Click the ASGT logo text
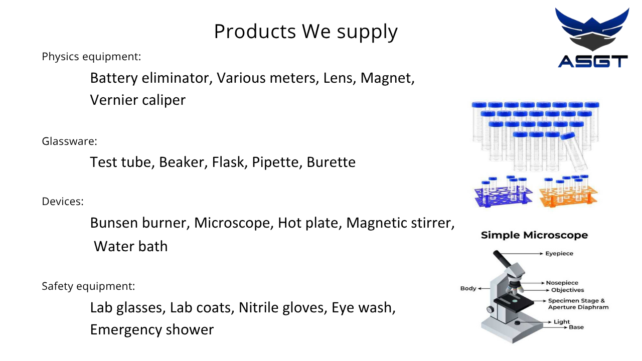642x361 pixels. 593,61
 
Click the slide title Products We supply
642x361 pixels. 306,32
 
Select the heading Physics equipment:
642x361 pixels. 91,57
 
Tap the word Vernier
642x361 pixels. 114,100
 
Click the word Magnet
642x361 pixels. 386,78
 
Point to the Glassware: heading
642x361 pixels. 70,141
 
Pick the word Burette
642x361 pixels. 331,162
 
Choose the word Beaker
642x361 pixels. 182,162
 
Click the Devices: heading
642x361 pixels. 63,202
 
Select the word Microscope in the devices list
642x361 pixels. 232,223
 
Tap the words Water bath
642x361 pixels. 131,246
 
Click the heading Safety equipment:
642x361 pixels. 88,286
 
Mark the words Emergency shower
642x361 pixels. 152,330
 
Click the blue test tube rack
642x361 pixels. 504,192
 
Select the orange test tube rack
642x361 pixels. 568,191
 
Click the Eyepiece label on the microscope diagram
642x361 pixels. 559,254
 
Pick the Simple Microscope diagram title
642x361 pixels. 534,235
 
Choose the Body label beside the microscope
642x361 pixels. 468,288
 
